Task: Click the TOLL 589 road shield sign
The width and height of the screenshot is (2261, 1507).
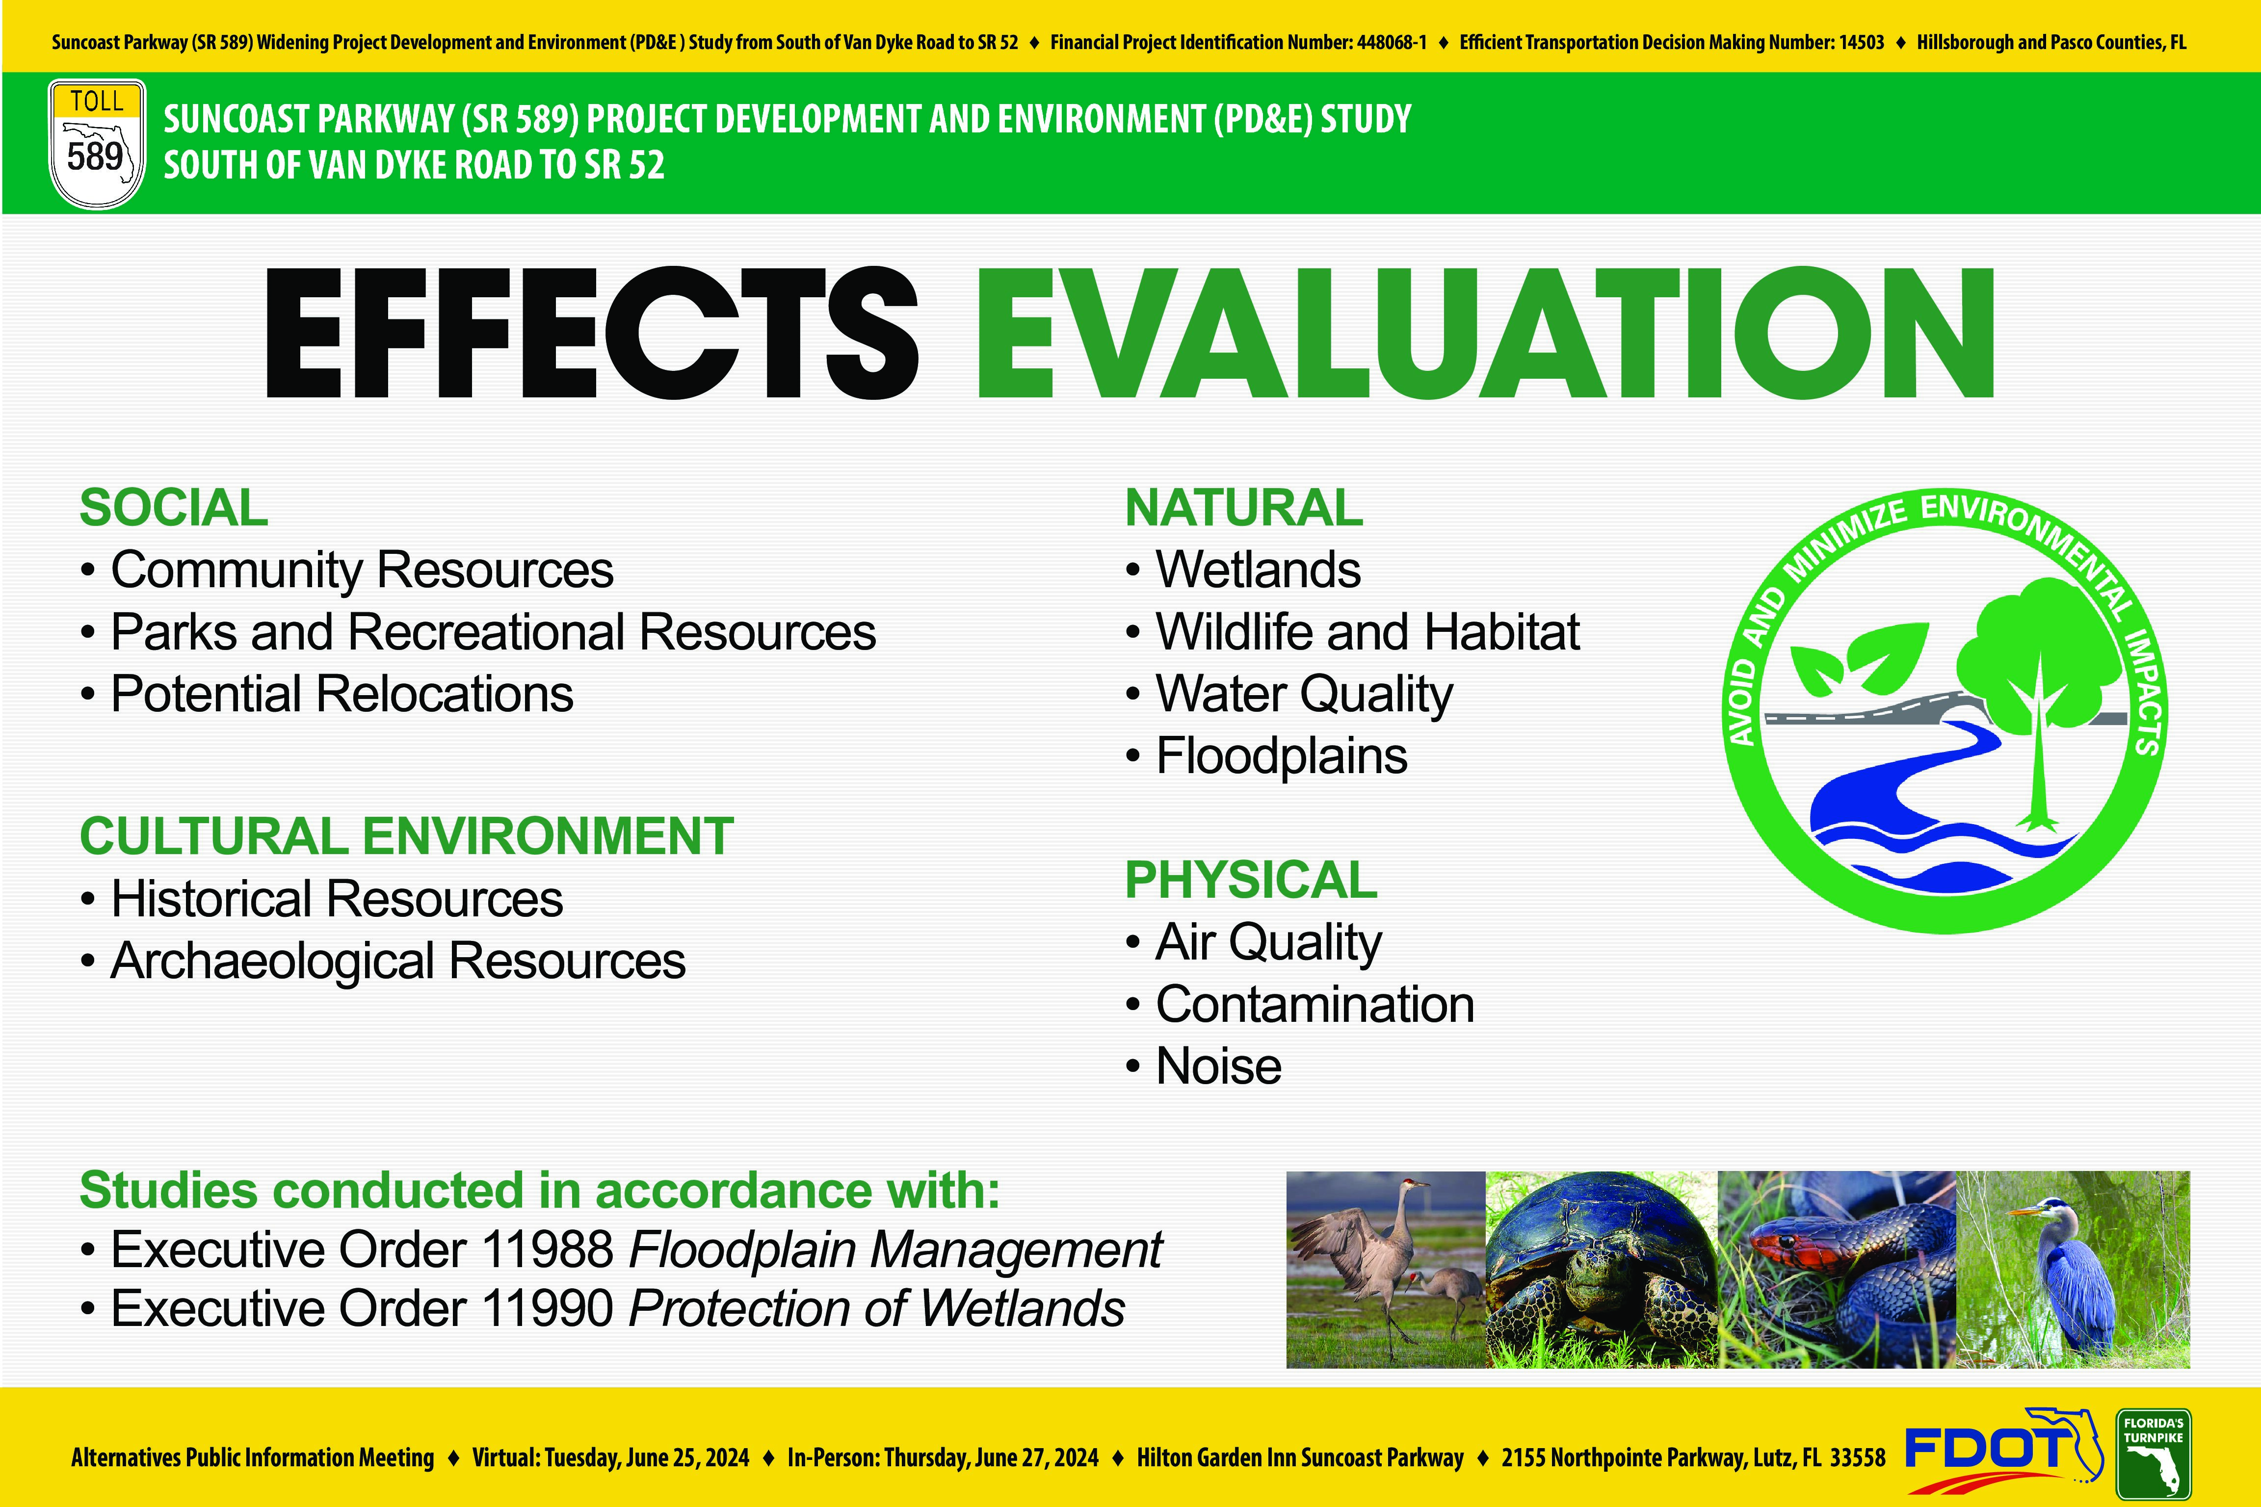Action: point(96,144)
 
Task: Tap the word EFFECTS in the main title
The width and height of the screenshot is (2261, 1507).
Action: point(591,333)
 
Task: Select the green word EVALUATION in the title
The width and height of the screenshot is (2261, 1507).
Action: point(1485,333)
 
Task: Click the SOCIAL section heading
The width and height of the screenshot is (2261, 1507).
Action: point(173,507)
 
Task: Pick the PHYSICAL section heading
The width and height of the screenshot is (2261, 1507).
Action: point(1251,880)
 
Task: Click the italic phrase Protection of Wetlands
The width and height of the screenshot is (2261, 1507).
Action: point(877,1308)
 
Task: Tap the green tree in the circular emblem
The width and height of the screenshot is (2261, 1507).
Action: point(2038,692)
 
